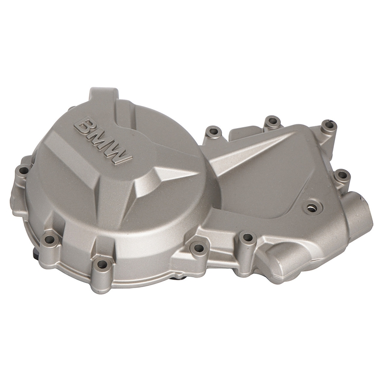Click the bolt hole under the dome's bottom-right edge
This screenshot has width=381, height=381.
[x=199, y=247]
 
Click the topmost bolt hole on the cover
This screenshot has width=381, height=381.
[x=272, y=120]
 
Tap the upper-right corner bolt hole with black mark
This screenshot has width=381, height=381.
[x=328, y=126]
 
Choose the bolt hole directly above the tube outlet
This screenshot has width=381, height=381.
[x=341, y=175]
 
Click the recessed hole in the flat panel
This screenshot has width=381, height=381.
[x=311, y=207]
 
